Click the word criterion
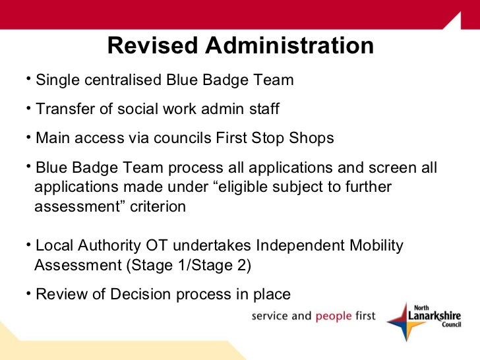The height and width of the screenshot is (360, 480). [x=158, y=207]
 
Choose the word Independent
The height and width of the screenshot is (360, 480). [x=298, y=246]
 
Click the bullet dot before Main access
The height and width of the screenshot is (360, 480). [x=30, y=137]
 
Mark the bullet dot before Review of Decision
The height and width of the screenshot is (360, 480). [x=30, y=293]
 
